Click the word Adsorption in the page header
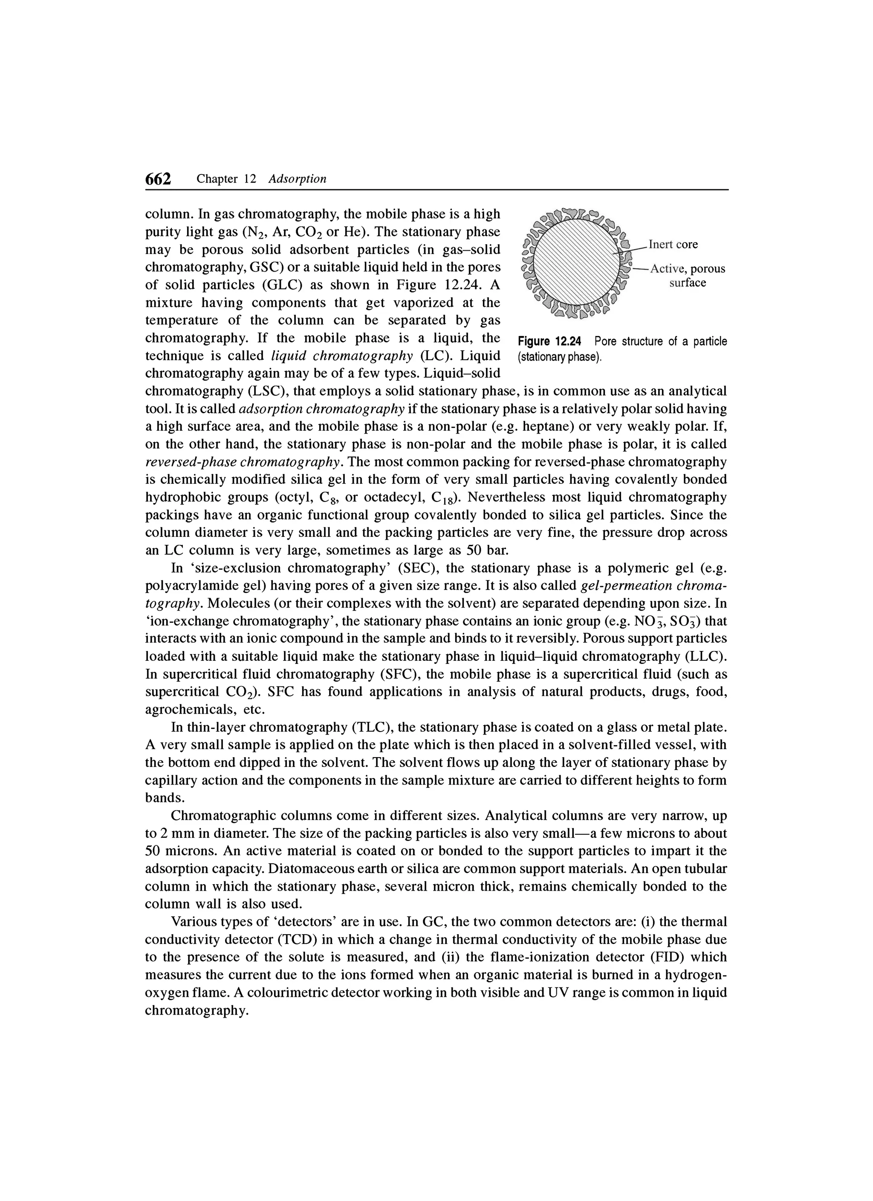297,179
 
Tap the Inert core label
673,244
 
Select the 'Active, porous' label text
687,269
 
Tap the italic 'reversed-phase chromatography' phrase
242,462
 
